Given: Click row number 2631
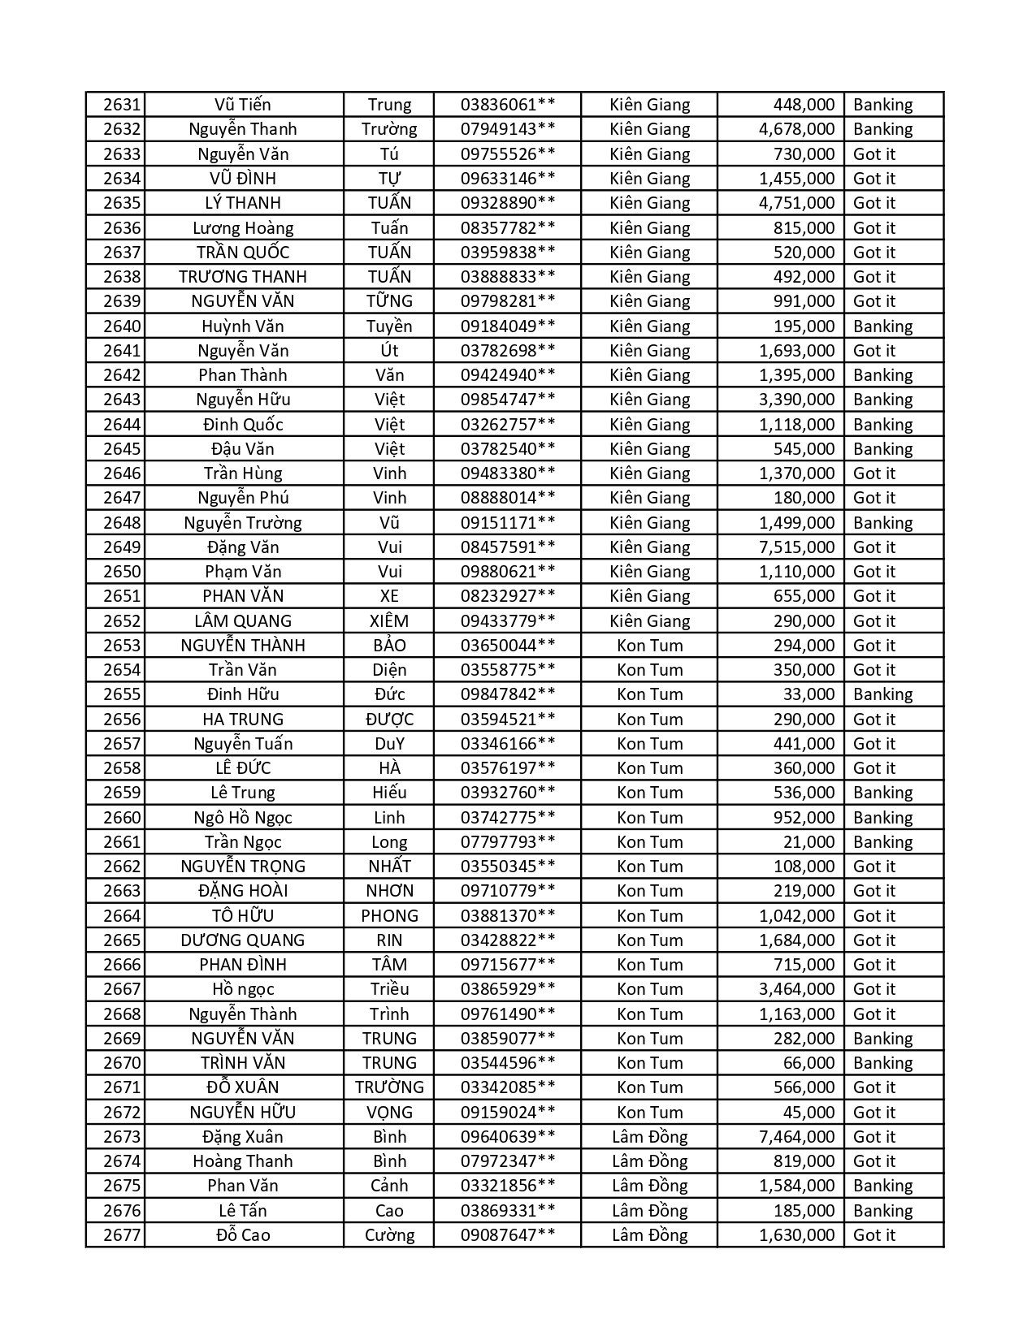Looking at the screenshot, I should pos(122,105).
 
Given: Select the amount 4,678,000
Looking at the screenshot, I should pos(796,129).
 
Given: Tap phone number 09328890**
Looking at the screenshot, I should pos(508,203).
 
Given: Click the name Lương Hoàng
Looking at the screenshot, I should pos(243,228).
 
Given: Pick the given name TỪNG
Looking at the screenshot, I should pos(389,301).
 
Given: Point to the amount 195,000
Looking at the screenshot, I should pos(804,326).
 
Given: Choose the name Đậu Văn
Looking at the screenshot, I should pos(243,449).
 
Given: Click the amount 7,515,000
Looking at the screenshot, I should pos(796,547).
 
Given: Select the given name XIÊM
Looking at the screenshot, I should pos(389,621).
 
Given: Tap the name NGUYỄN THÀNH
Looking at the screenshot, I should pos(243,646).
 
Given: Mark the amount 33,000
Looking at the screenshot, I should pos(808,694).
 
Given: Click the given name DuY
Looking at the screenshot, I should pos(389,744).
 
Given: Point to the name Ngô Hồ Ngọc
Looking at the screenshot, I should pos(243,818).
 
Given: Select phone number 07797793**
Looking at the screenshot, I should pos(508,842).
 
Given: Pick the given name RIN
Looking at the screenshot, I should pos(389,940).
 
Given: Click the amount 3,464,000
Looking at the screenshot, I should pos(796,989).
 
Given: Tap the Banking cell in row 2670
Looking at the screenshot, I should pos(883,1063).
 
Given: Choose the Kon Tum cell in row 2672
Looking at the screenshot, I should pos(649,1113).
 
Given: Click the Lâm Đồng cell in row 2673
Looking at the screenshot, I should pos(649,1137).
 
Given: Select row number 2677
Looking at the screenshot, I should pos(122,1235).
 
